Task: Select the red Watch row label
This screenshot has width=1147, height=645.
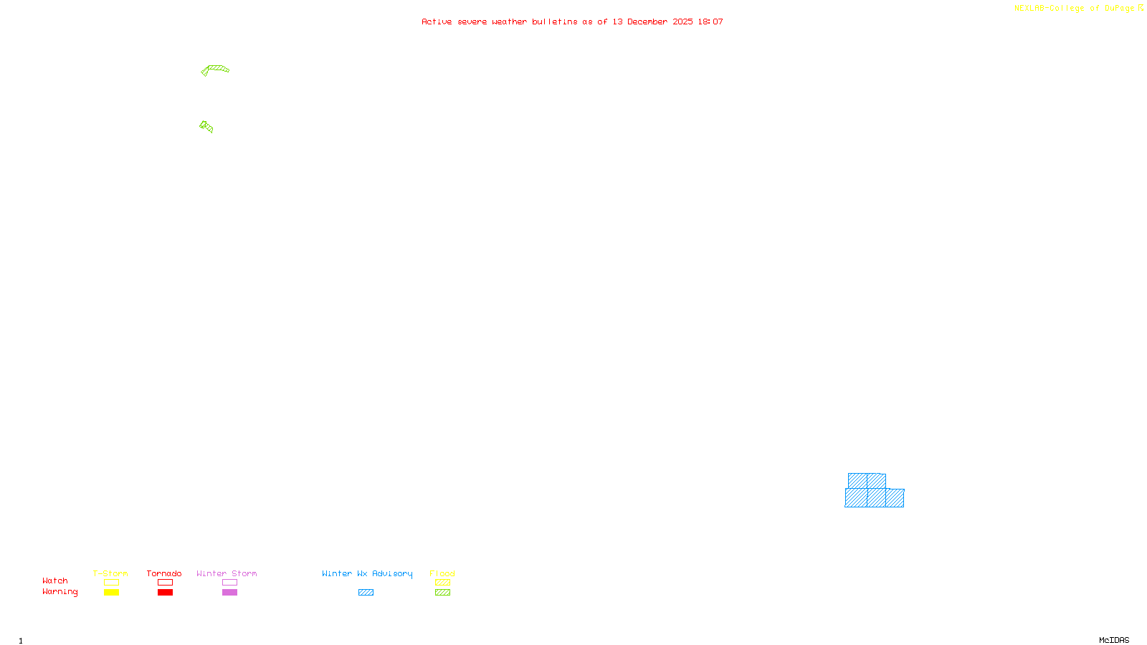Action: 55,581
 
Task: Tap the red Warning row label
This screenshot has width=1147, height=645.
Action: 60,592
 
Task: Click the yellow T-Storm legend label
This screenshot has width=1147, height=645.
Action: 110,573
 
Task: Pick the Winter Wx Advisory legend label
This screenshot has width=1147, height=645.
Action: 367,573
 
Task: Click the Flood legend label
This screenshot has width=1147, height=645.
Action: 442,573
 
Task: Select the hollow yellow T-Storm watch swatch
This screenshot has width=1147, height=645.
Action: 111,583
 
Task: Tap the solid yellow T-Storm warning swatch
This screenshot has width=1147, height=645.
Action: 111,593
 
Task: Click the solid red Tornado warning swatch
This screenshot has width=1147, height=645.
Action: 165,593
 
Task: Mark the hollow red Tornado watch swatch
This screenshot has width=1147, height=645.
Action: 165,583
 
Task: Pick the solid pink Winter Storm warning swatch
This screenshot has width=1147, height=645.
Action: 229,593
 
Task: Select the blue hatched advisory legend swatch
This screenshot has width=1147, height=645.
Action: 366,593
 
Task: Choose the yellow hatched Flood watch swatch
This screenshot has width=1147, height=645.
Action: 442,583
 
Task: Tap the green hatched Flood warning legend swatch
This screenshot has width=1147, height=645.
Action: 442,593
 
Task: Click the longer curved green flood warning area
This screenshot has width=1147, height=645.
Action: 216,69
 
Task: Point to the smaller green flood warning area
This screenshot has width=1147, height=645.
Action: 206,127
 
